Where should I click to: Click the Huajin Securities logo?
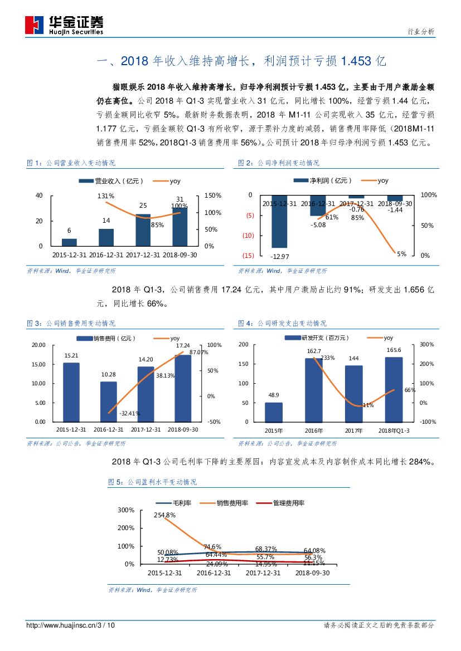64,25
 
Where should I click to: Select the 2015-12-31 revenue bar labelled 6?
69,242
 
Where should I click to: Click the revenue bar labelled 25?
143,230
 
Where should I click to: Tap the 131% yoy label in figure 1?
106,196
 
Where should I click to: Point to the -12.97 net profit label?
279,256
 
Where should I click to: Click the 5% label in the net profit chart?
401,254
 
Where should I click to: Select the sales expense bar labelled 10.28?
109,402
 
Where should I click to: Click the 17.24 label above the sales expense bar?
183,346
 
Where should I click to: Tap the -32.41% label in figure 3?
129,413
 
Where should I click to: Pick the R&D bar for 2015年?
274,412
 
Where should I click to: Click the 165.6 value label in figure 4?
393,350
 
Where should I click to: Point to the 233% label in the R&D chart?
328,358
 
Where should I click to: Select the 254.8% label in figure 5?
166,515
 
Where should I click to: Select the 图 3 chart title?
71,324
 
